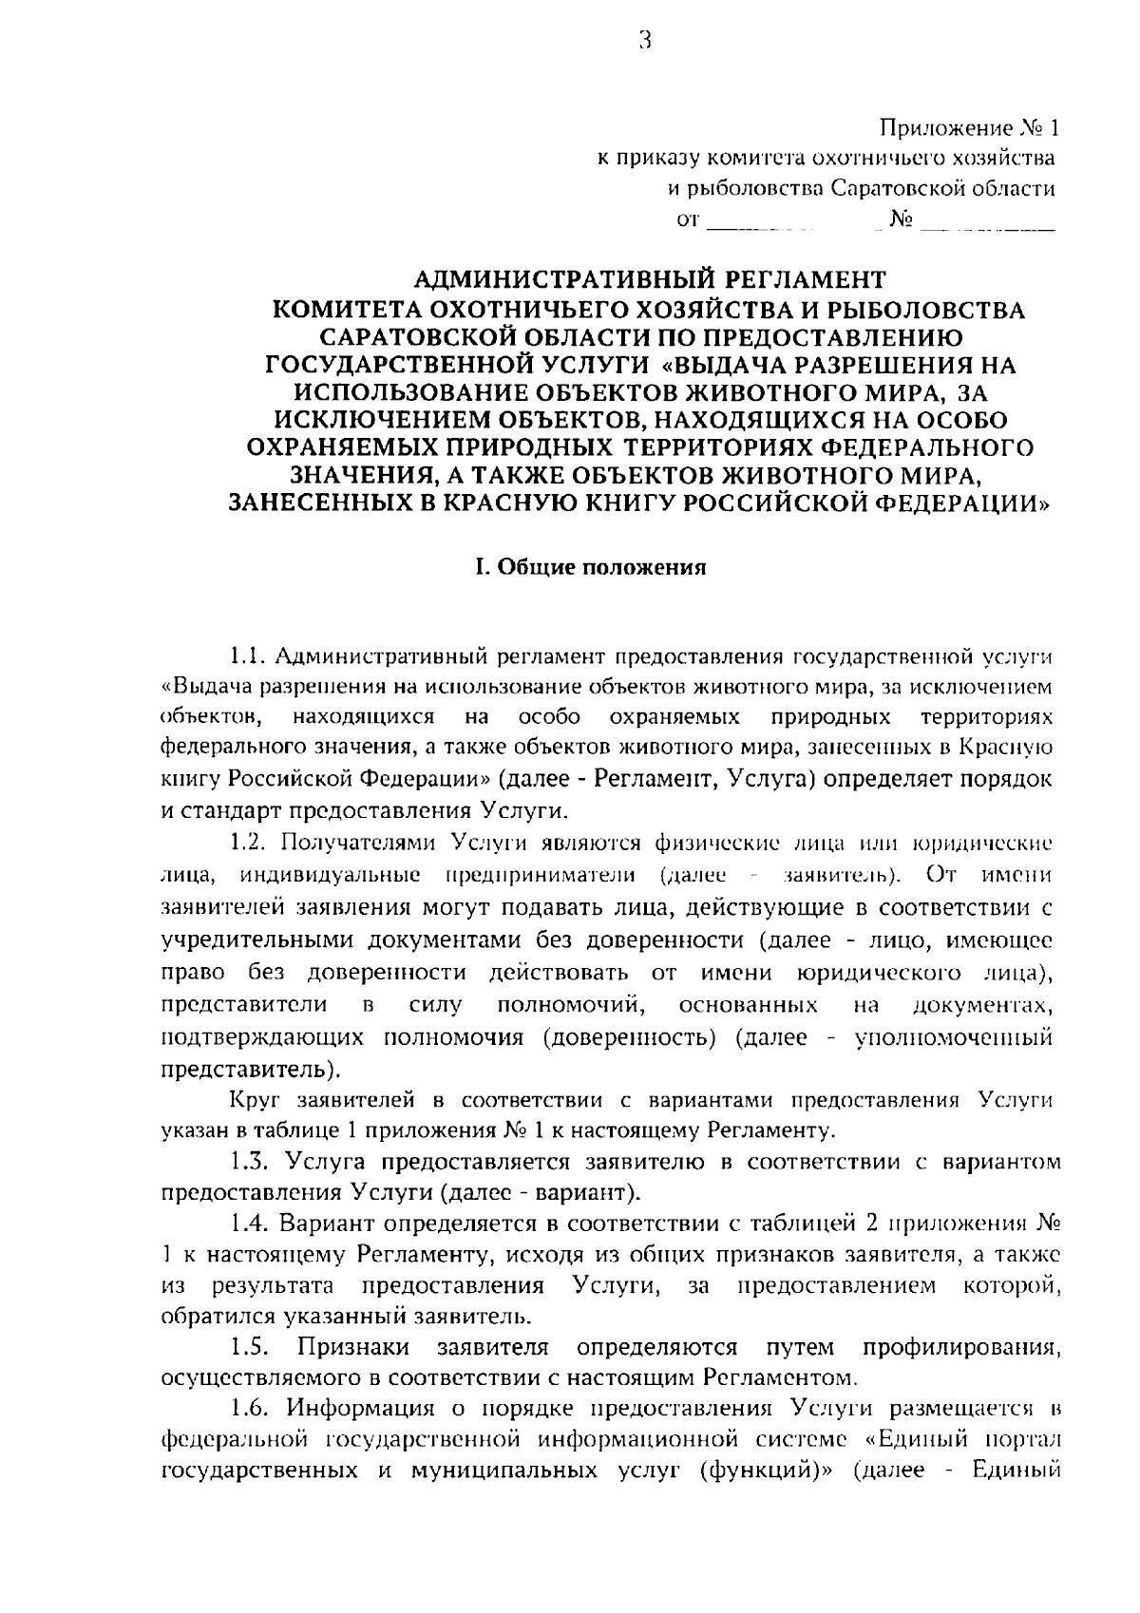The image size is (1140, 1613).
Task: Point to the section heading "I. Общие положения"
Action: click(591, 568)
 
